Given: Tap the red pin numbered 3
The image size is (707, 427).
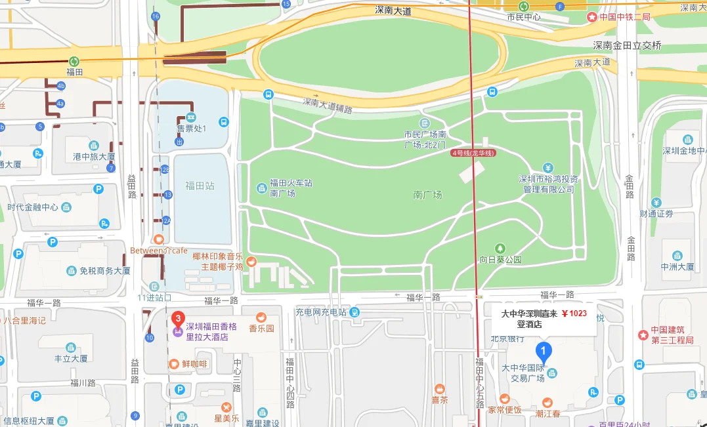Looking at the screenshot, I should coord(177,319).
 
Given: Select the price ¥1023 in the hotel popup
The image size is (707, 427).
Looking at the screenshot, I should coord(574,313).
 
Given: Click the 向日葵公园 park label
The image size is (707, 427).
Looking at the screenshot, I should coord(500,260).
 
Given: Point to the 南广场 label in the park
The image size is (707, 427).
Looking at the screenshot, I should coord(427,195).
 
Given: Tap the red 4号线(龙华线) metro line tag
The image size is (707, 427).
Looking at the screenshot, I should coord(473,153).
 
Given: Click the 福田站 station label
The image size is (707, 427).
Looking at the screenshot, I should coord(200,186).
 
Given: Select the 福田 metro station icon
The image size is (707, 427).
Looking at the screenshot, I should coord(74,60).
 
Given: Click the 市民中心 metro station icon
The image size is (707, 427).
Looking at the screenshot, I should coord(524,6).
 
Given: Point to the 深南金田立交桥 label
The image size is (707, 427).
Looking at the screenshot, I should coord(627,45).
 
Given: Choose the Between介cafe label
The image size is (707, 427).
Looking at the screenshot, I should coord(158,250).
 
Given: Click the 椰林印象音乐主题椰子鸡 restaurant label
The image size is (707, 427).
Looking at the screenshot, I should coord(217,262).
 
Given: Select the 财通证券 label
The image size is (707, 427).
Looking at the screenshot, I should coord(656,214).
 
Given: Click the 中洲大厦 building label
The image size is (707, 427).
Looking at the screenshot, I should coord(677,266).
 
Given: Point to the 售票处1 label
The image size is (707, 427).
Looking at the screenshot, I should coord(191,128).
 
